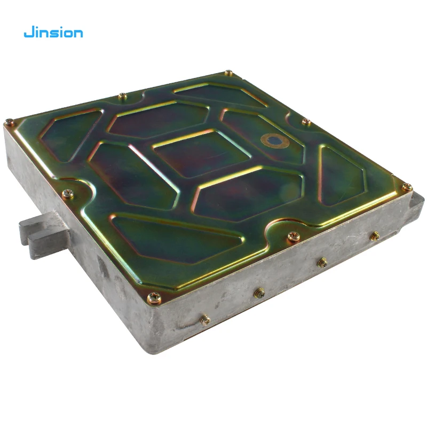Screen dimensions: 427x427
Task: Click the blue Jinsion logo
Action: tap(53, 33)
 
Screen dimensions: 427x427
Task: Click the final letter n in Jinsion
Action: tap(78, 34)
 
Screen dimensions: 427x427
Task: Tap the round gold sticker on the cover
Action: tap(275, 140)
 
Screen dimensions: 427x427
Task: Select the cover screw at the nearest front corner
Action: tap(154, 298)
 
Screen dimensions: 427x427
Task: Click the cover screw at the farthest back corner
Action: tap(228, 73)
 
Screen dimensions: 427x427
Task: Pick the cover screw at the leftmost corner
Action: tap(10, 122)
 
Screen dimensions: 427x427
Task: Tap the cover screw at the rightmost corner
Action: tap(407, 187)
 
